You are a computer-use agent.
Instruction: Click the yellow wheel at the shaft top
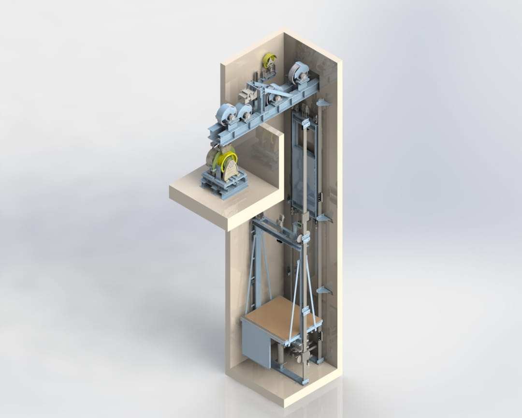(x=269, y=60)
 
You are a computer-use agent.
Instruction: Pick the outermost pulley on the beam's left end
(x=225, y=114)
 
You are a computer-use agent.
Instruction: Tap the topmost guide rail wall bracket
(x=322, y=103)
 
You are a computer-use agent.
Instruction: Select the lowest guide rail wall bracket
(x=323, y=291)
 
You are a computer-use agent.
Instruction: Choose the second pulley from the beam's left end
(x=245, y=112)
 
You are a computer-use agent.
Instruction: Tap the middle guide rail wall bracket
(x=323, y=219)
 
